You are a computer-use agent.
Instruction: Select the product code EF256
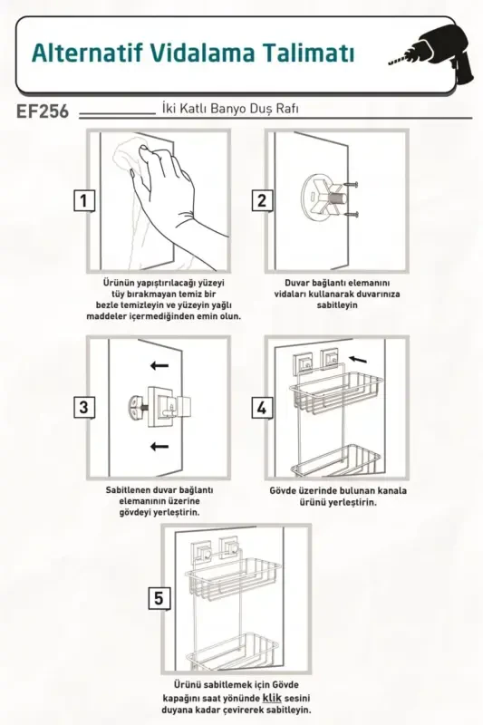pos(43,115)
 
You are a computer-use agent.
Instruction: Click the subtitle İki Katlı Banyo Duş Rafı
pos(229,109)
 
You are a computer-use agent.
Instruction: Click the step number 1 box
pos(83,200)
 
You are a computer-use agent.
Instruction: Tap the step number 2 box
pos(262,200)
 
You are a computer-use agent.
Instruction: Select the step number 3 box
pos(83,407)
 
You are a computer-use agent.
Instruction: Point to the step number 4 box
pos(262,407)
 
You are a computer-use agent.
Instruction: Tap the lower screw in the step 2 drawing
pos(353,215)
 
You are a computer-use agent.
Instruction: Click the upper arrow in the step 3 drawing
pos(159,366)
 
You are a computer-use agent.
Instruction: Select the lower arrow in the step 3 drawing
pos(159,446)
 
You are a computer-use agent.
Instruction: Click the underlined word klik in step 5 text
pos(272,700)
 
